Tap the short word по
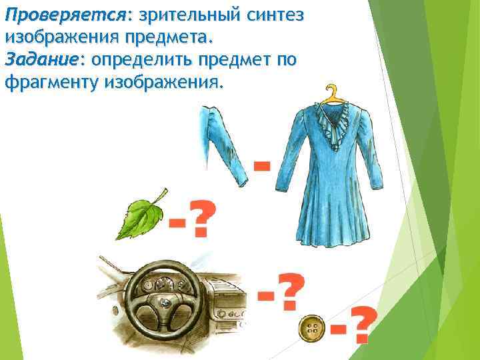coord(286,61)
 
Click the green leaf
coord(139,217)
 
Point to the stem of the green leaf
coord(161,195)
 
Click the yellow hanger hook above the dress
coord(331,93)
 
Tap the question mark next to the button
coord(361,325)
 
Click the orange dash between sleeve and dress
coord(262,164)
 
